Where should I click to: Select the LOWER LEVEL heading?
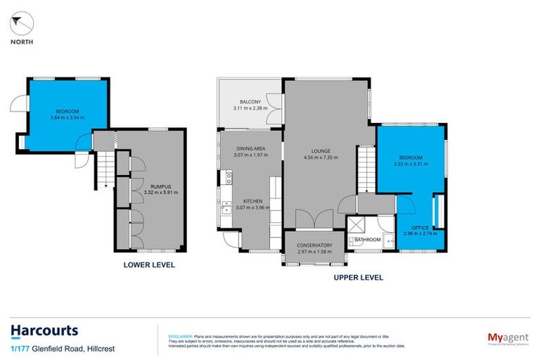coord(149,265)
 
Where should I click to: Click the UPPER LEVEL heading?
coord(359,278)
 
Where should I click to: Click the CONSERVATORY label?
coord(314,245)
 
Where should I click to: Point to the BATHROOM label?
coord(367,240)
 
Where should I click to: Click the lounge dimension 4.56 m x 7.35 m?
coord(321,157)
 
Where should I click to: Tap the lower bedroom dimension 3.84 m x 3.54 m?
coord(67,117)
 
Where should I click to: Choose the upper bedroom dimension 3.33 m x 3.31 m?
coord(411,163)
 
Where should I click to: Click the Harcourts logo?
coord(44,330)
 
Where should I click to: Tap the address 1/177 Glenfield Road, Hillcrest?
coord(63,349)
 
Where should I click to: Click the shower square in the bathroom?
coord(357,226)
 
